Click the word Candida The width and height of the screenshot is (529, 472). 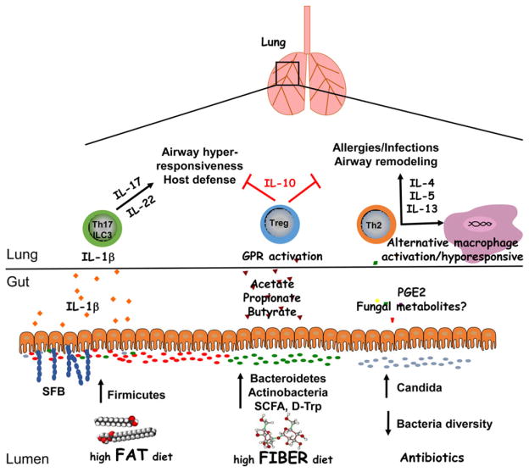tap(428, 386)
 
